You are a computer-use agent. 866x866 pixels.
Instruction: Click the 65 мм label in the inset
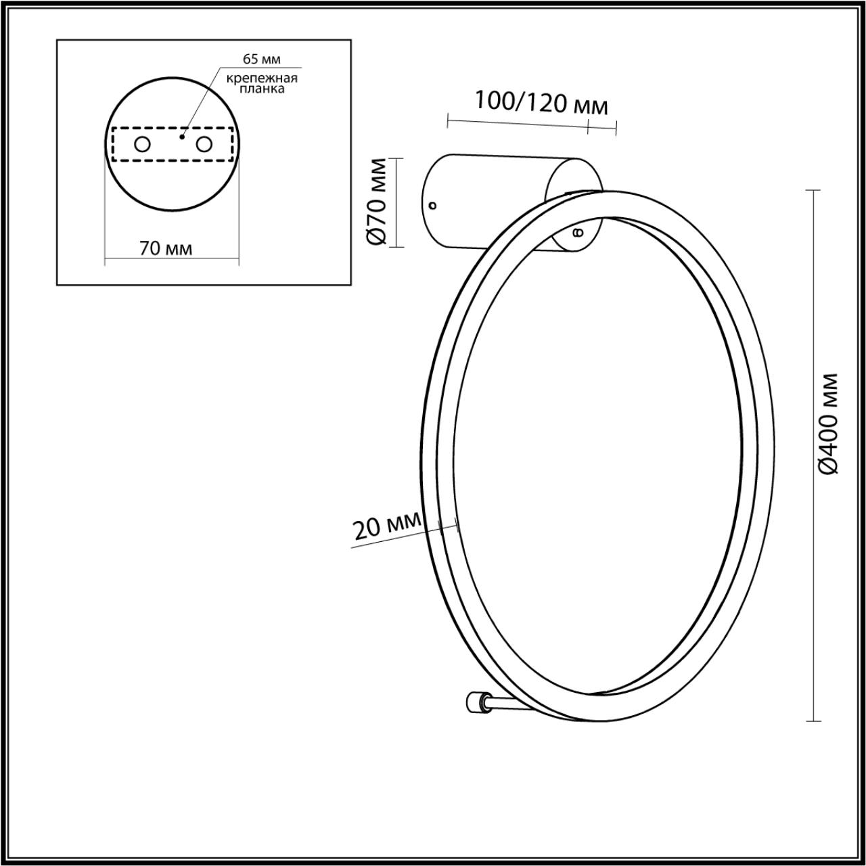262,60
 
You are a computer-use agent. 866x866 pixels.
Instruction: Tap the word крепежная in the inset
262,78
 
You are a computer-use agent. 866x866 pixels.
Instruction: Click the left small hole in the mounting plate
142,144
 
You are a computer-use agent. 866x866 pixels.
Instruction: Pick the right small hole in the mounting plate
204,144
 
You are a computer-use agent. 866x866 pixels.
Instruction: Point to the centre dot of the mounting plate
181,137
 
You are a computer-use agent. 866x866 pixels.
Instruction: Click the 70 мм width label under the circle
166,249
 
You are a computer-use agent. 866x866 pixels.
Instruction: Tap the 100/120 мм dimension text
541,103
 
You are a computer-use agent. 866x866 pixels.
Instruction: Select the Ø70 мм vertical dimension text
378,201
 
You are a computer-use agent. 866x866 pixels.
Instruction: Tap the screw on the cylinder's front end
577,233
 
